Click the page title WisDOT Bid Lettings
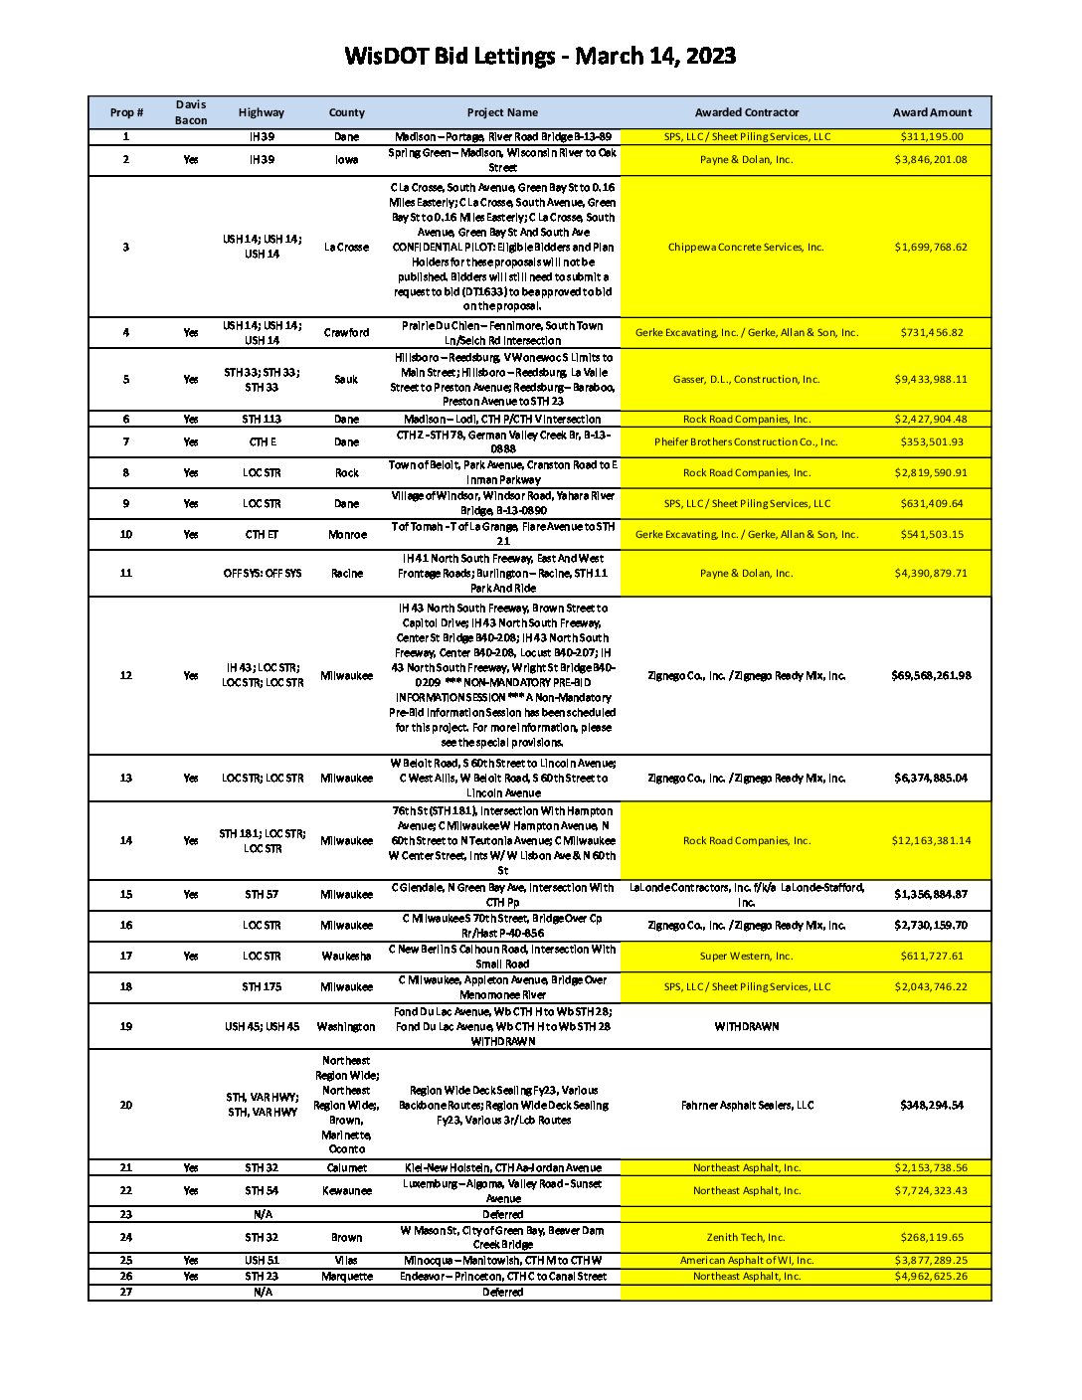click(x=540, y=56)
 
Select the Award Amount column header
click(x=932, y=112)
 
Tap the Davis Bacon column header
click(x=191, y=112)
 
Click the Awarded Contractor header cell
click(x=746, y=112)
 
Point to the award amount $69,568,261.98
click(x=932, y=675)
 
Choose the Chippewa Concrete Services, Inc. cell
click(x=746, y=247)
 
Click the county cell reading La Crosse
click(x=346, y=247)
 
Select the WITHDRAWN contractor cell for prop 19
click(x=746, y=1026)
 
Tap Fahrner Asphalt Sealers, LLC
click(x=746, y=1105)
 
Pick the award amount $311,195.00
click(x=932, y=136)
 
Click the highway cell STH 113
click(x=262, y=419)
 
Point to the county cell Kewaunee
click(x=346, y=1190)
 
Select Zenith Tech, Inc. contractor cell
click(x=746, y=1237)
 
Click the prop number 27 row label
click(x=126, y=1292)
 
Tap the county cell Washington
click(x=346, y=1026)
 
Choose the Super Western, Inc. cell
click(x=746, y=956)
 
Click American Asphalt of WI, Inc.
click(x=746, y=1260)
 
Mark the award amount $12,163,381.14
click(x=932, y=840)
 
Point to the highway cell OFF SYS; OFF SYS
click(x=262, y=573)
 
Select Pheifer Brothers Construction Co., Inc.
click(x=746, y=441)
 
